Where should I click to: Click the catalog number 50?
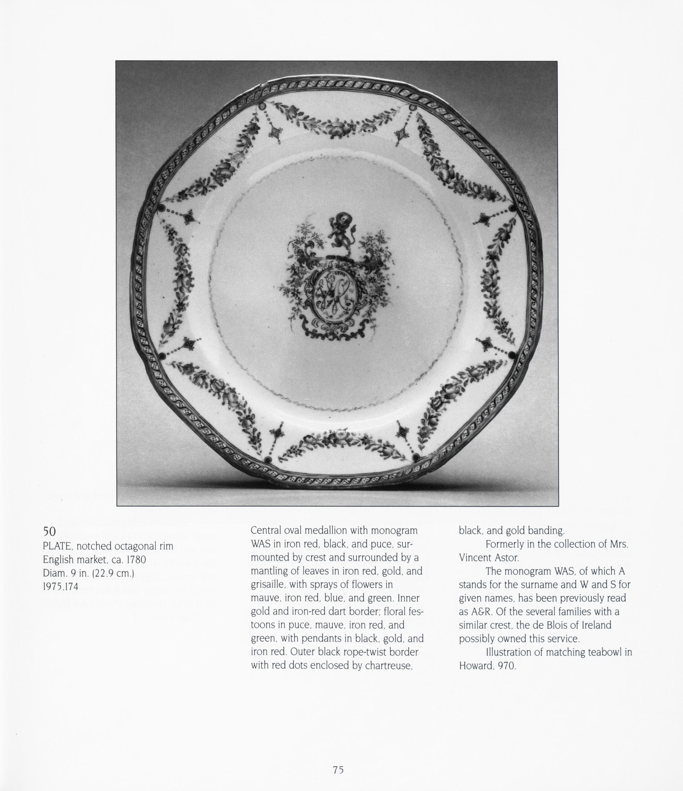pos(49,531)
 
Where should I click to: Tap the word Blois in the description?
pos(567,625)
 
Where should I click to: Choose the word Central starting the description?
pos(266,530)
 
